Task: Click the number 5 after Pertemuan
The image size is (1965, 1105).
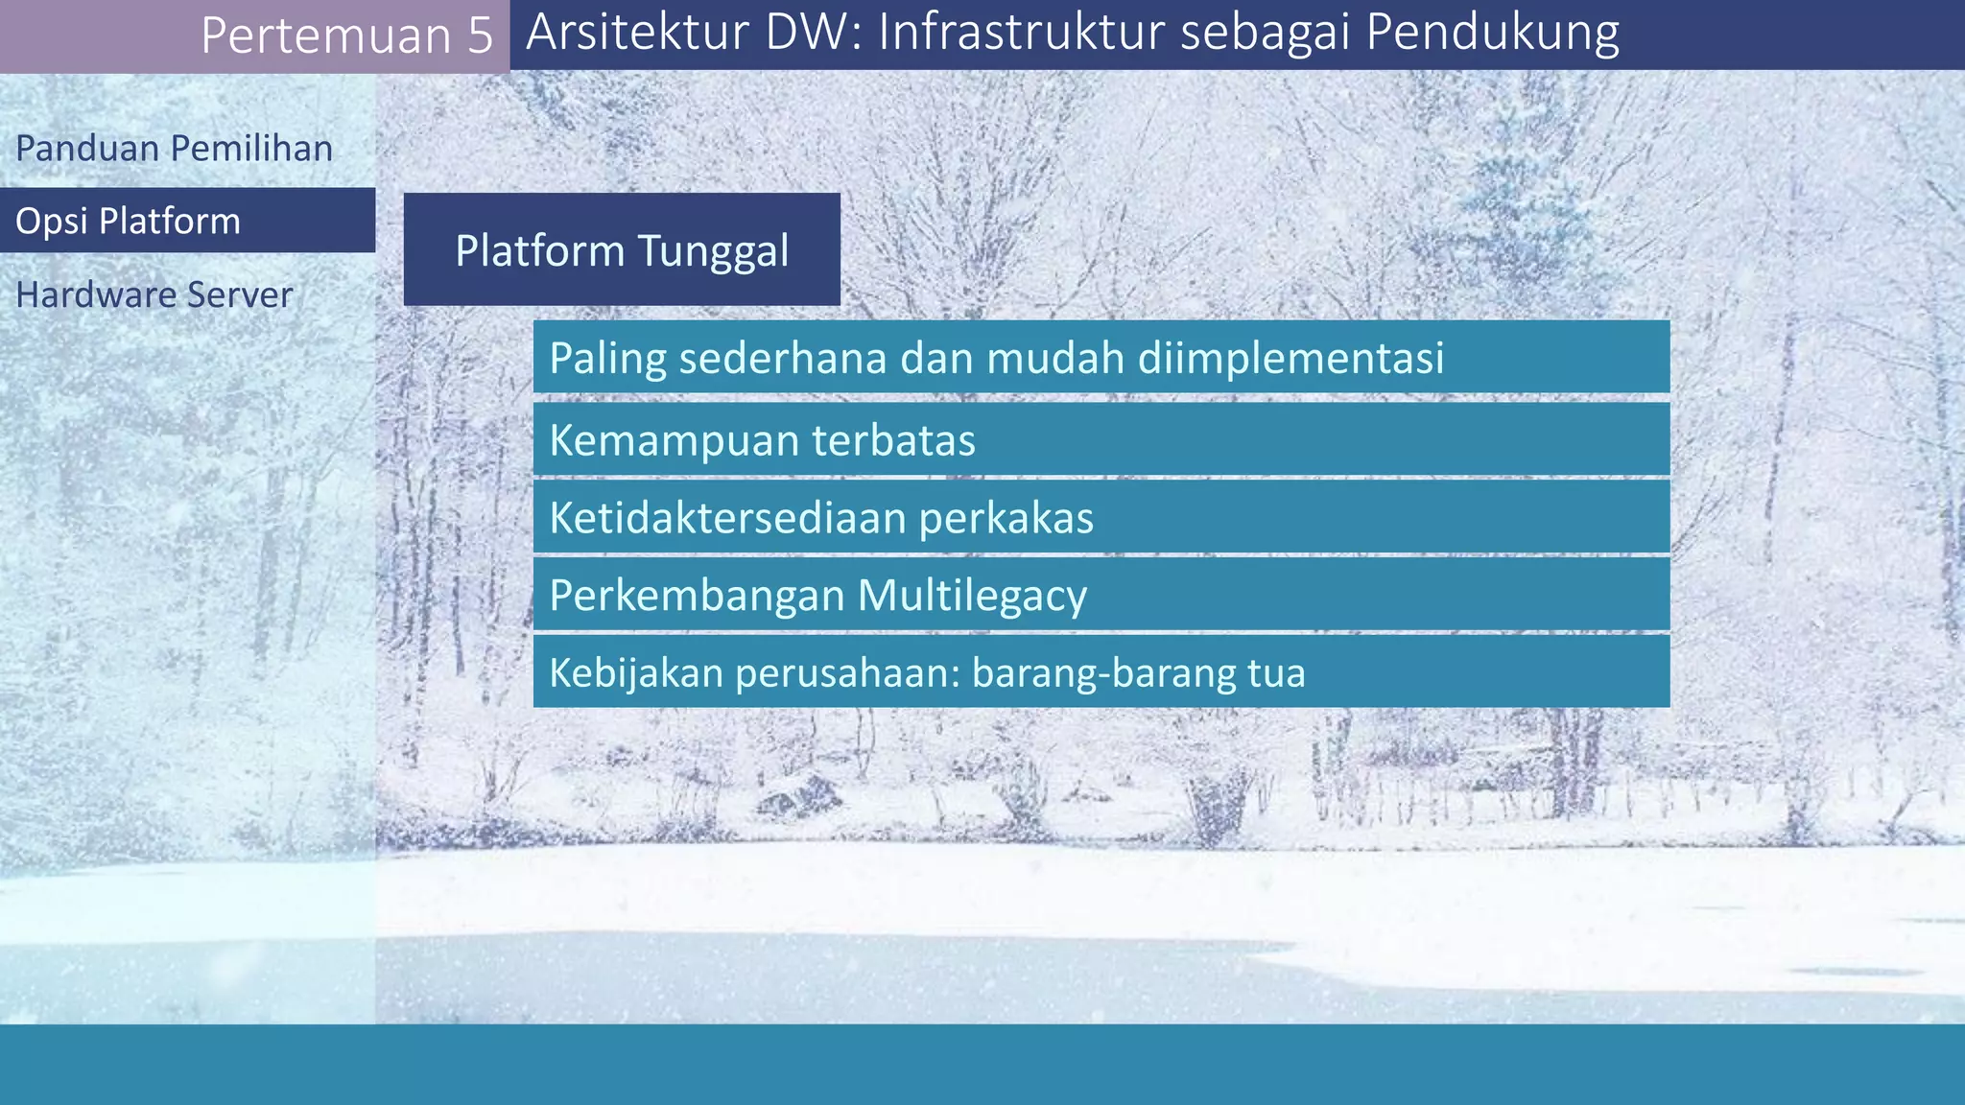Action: click(x=481, y=36)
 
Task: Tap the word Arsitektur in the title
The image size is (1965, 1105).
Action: click(x=637, y=32)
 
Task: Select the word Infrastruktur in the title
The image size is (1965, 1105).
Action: click(x=1021, y=32)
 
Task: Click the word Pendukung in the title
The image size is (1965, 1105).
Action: click(x=1492, y=32)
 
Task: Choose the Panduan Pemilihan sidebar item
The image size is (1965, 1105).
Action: click(x=174, y=149)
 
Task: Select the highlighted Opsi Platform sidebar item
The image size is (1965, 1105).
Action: click(x=128, y=222)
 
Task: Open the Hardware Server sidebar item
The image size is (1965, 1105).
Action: click(x=154, y=294)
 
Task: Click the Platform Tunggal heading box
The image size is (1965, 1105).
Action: click(x=622, y=249)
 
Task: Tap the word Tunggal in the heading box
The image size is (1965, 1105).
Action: click(x=713, y=251)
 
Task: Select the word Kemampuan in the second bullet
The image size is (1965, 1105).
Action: click(x=674, y=440)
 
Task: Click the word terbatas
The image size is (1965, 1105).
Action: click(x=893, y=440)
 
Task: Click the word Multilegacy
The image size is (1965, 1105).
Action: click(x=972, y=596)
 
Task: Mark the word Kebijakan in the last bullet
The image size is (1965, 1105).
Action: click(x=636, y=672)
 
